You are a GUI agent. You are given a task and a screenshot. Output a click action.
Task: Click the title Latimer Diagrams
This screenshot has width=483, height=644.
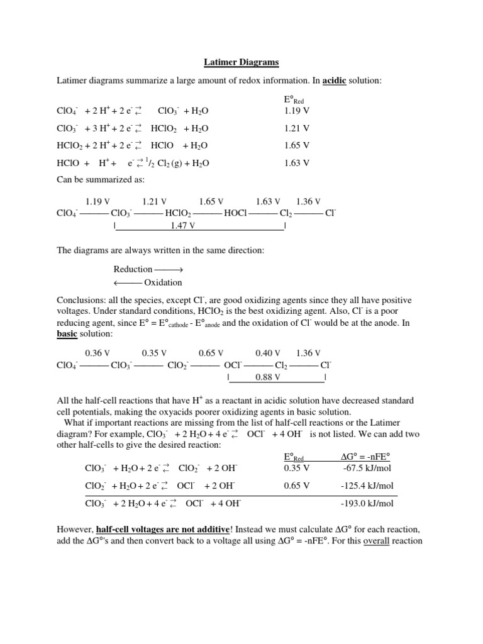(x=241, y=62)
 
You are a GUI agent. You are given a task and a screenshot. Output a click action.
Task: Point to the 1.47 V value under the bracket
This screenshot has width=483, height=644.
(x=183, y=225)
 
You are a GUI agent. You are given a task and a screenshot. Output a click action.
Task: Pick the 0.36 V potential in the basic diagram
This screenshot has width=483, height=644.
(x=97, y=353)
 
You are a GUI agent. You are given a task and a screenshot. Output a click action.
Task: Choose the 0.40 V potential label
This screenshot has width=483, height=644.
(x=268, y=353)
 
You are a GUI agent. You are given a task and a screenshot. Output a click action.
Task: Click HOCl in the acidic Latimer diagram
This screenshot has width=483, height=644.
(x=236, y=213)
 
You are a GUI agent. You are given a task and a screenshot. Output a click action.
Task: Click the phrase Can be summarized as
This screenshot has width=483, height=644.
(x=101, y=179)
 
